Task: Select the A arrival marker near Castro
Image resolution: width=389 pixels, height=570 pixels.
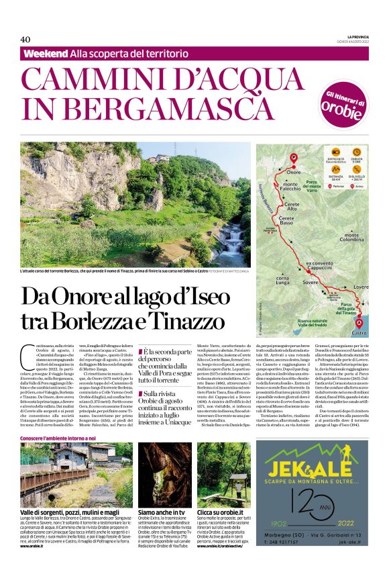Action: pyautogui.click(x=359, y=322)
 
